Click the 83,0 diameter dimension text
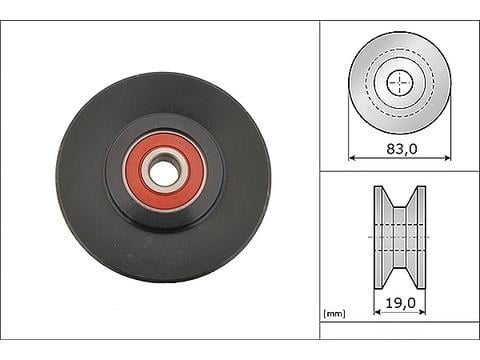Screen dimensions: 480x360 pos(402,149)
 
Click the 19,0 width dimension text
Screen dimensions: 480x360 pos(401,303)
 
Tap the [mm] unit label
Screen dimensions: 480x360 pos(334,313)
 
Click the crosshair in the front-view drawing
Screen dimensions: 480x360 pos(400,82)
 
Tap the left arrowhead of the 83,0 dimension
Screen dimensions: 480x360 pos(352,157)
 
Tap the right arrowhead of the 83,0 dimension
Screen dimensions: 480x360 pos(447,157)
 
